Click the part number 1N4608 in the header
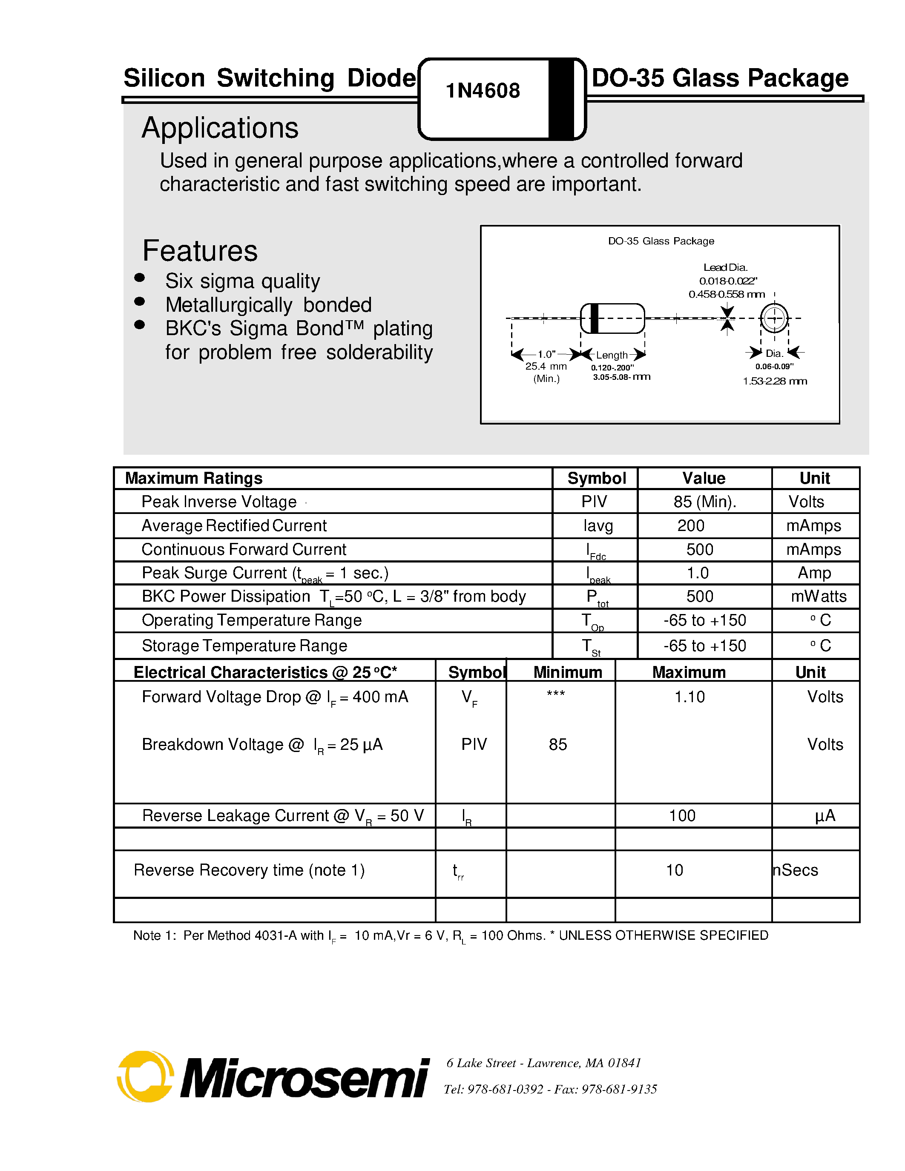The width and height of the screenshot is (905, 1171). [x=483, y=91]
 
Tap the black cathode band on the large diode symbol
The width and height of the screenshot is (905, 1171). [x=561, y=99]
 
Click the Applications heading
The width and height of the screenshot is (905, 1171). [x=220, y=128]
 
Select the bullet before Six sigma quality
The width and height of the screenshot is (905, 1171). [x=139, y=277]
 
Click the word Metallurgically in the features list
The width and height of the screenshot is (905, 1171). [x=228, y=305]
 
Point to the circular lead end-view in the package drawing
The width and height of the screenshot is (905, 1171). [x=774, y=318]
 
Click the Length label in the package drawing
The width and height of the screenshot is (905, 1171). [x=611, y=355]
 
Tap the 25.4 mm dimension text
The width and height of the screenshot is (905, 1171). [x=546, y=366]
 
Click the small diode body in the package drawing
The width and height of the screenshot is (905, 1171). [x=612, y=318]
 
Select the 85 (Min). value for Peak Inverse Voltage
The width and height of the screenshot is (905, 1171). [x=704, y=502]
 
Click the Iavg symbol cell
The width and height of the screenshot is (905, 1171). [x=598, y=526]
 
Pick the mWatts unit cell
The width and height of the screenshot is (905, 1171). [x=818, y=597]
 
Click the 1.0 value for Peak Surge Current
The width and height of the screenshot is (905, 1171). [x=698, y=573]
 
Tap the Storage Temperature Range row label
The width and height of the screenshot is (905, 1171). [x=244, y=646]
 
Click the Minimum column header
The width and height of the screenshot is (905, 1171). [x=567, y=672]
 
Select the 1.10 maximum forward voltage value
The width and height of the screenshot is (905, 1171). [x=690, y=697]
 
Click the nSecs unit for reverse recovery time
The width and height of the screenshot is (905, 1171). [x=796, y=870]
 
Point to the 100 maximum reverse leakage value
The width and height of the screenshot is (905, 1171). [x=682, y=815]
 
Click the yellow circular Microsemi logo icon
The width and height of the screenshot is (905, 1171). [x=145, y=1076]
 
